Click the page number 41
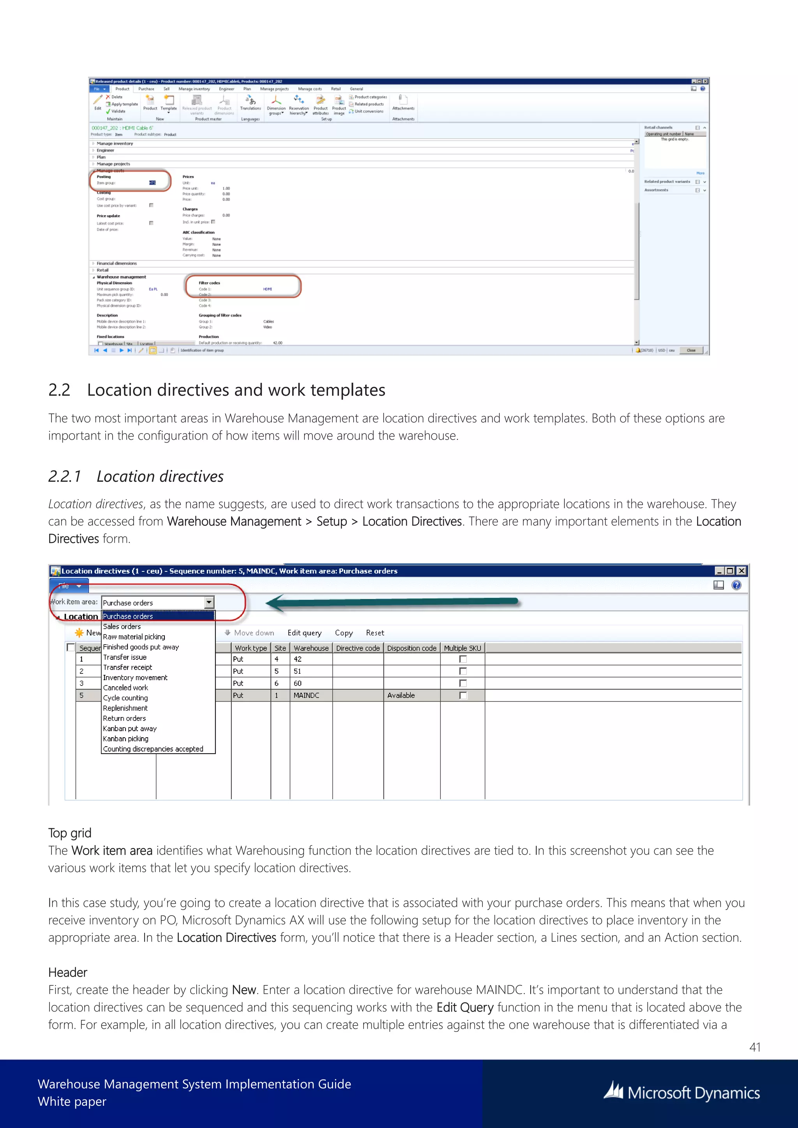755,1047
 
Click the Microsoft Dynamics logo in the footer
682,1093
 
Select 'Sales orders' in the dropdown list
122,626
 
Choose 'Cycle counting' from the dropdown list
125,698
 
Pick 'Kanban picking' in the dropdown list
126,738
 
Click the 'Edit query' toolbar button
305,633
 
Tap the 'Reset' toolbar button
375,633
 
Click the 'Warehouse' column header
311,648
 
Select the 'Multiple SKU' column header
463,648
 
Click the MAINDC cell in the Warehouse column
307,695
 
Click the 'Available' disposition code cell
401,695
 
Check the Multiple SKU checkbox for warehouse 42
463,659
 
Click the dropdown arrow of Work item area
209,602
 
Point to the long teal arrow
393,602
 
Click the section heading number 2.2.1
64,476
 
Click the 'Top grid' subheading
70,833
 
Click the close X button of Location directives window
742,571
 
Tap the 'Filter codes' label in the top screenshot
209,283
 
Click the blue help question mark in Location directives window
736,585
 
